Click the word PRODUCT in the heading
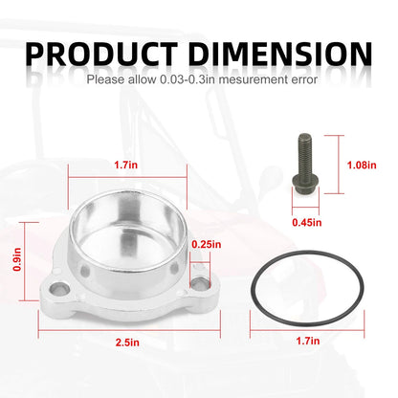click(x=101, y=54)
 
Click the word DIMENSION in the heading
click(x=280, y=54)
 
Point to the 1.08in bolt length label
click(x=362, y=165)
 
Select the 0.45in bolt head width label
click(x=307, y=222)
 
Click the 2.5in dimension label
click(x=127, y=343)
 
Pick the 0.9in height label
click(x=17, y=259)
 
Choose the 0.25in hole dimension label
click(x=207, y=245)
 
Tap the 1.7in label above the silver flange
click(x=126, y=165)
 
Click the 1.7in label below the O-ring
click(x=308, y=341)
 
